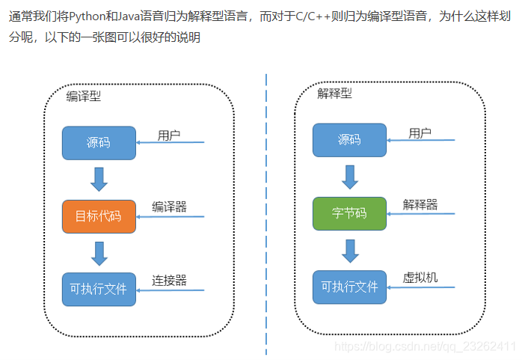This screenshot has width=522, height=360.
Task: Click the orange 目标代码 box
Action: click(99, 216)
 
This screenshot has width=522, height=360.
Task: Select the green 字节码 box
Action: click(349, 213)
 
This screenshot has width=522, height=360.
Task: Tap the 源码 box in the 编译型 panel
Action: click(99, 142)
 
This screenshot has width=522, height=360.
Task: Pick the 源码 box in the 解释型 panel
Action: click(349, 140)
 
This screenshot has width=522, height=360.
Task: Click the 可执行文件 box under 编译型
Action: click(99, 289)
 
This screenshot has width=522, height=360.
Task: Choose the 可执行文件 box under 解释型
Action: click(349, 287)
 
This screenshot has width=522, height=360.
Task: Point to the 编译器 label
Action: click(169, 207)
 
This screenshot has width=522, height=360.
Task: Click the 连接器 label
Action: click(169, 280)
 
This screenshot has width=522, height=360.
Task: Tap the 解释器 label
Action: click(420, 204)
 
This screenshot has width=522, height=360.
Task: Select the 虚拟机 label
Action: click(420, 278)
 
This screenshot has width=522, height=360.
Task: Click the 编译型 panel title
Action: click(83, 96)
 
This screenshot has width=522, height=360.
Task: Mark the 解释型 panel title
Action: click(334, 94)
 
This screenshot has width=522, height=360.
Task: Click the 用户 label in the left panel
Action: click(169, 135)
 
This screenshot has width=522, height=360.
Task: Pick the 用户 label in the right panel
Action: click(420, 133)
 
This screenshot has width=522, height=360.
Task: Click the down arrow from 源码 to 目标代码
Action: click(99, 179)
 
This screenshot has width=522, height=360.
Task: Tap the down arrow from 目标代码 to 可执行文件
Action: click(99, 252)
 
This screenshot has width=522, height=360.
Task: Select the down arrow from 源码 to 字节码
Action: click(349, 177)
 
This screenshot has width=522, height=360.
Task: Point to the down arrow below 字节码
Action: click(349, 250)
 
